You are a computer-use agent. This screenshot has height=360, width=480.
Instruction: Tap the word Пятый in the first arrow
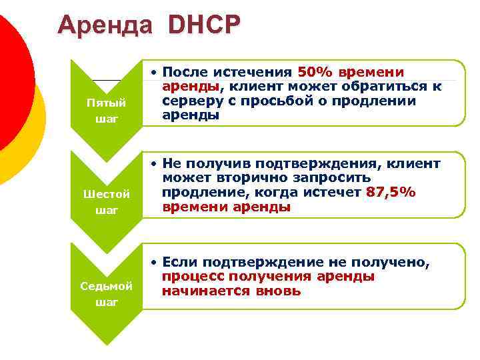click(x=107, y=103)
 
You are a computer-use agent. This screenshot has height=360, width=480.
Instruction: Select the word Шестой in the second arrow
click(x=107, y=194)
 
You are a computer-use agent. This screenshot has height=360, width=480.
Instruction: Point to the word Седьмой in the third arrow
click(x=107, y=285)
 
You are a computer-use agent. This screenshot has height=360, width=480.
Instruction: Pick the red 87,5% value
click(x=391, y=192)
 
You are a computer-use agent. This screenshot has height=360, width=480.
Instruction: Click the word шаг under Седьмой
click(x=107, y=302)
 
